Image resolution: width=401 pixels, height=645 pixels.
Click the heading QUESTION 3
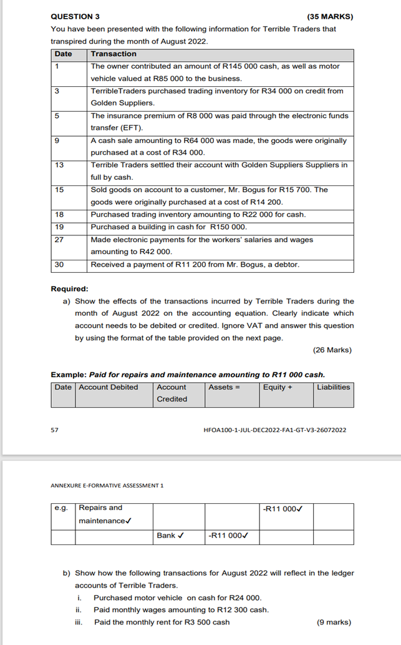click(75, 16)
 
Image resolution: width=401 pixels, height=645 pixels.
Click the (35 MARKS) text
click(330, 16)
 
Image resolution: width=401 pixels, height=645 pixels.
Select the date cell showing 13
click(59, 165)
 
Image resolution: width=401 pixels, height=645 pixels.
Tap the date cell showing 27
click(59, 240)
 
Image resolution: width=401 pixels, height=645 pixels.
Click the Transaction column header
click(114, 54)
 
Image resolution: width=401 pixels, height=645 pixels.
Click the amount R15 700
click(297, 190)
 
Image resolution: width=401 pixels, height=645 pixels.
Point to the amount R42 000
click(156, 252)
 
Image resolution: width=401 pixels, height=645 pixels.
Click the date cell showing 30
click(59, 265)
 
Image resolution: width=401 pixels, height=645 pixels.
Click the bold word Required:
click(69, 288)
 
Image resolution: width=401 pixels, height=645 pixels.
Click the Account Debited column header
click(109, 387)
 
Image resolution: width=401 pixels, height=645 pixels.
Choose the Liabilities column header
click(333, 387)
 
